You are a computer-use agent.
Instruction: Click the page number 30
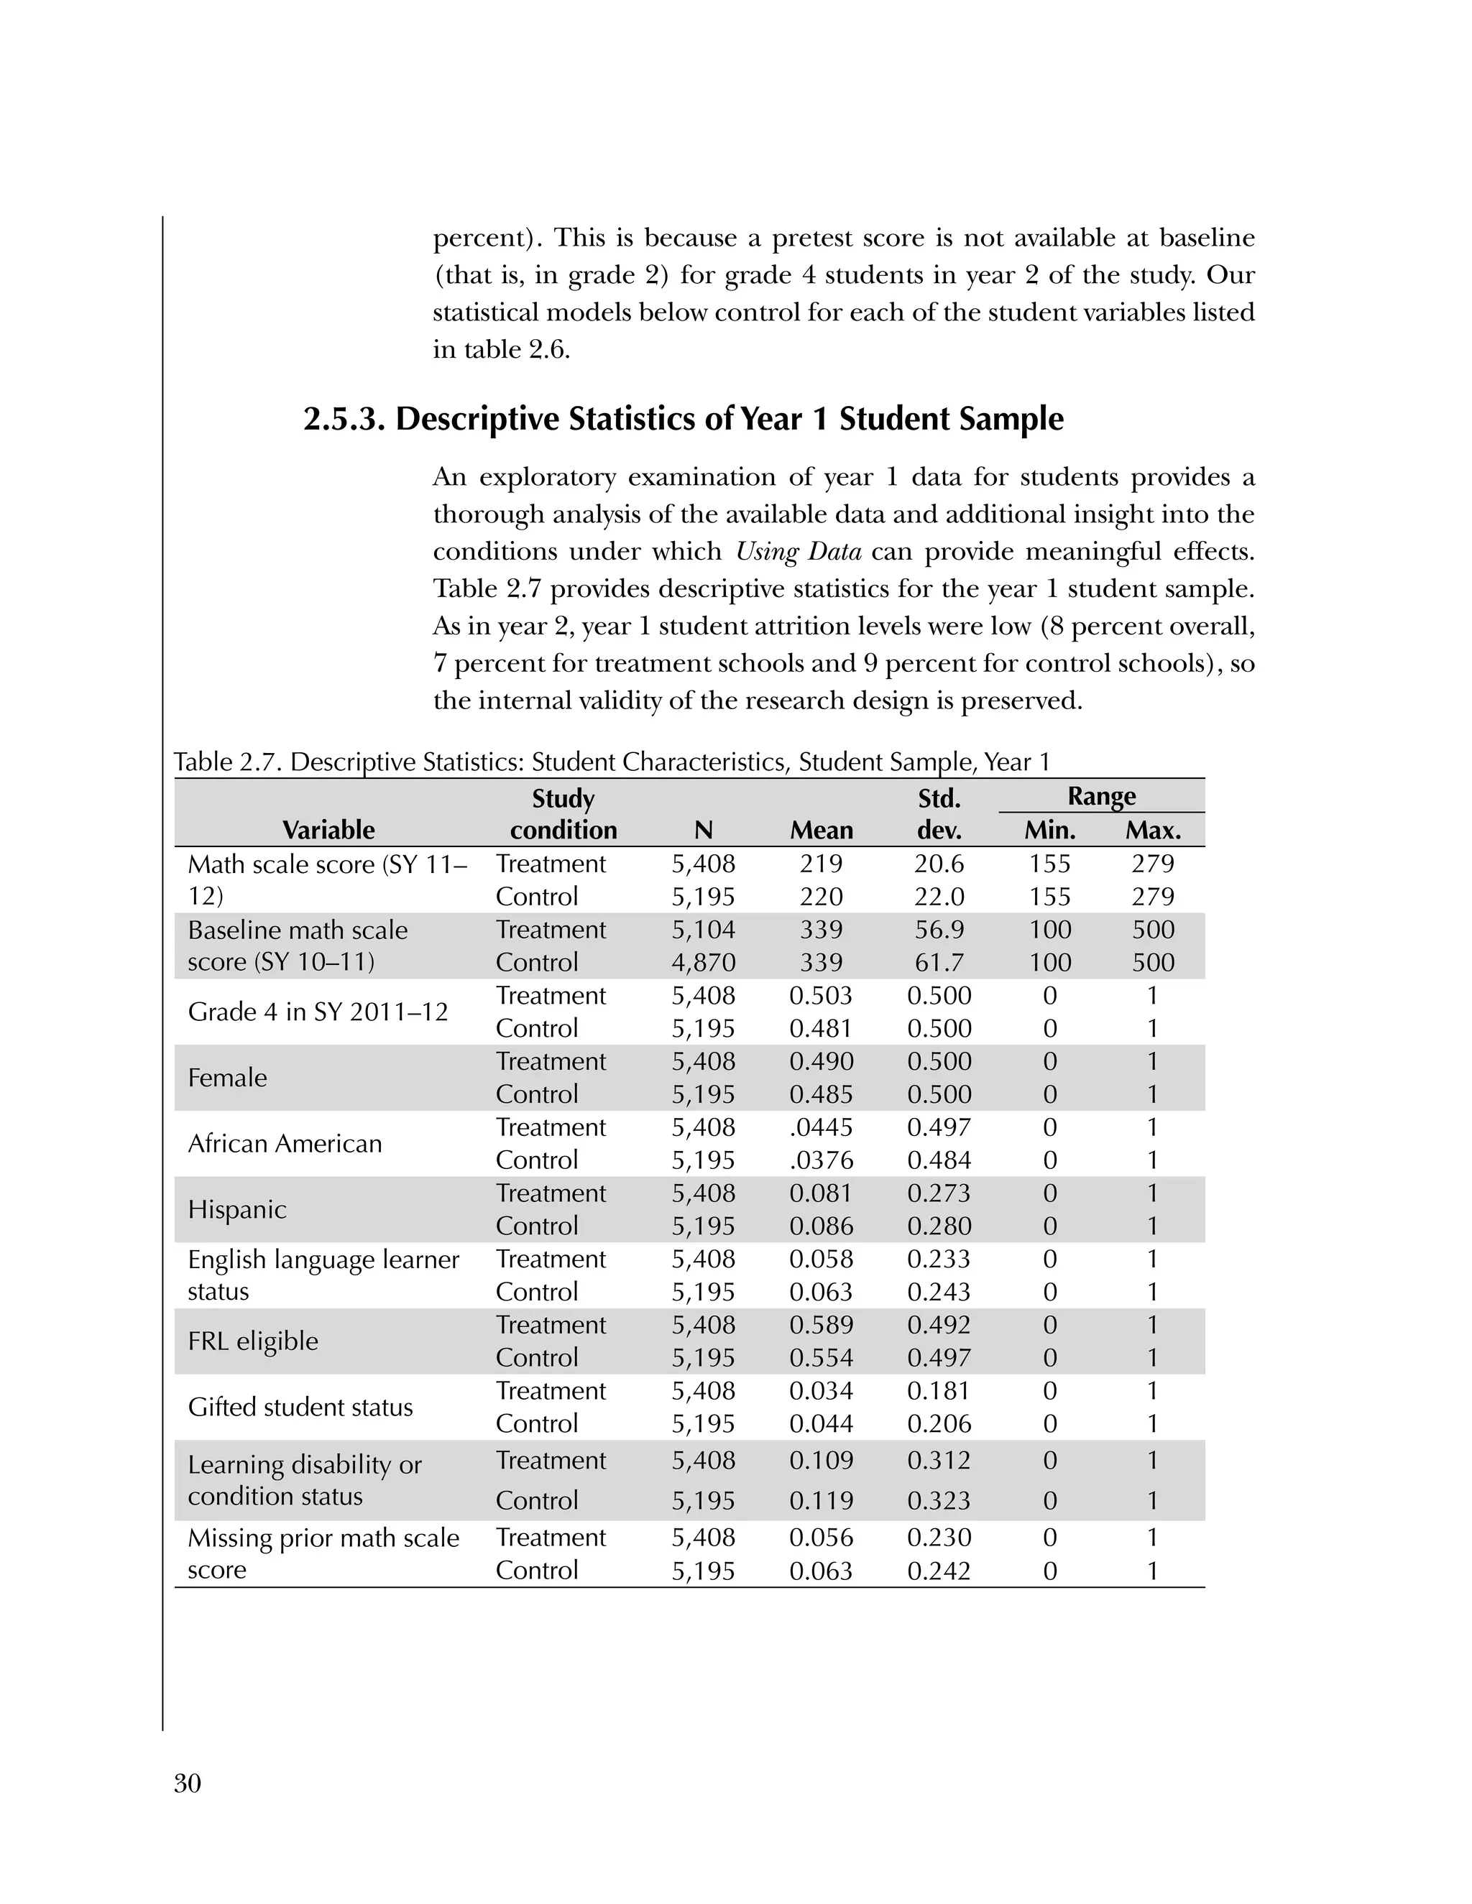188,1784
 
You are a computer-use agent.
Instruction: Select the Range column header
1100,796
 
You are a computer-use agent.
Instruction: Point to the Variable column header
328,830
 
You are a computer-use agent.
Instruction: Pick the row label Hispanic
237,1209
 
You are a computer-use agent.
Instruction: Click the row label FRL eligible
253,1341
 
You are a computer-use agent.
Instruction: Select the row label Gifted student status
300,1407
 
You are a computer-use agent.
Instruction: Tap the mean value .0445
821,1127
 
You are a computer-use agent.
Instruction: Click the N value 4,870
703,963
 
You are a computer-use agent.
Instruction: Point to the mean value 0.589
821,1325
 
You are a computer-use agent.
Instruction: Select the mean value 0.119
821,1500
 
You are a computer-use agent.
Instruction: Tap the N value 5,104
703,930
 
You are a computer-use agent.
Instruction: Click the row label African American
285,1144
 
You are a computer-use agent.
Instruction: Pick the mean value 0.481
821,1029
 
